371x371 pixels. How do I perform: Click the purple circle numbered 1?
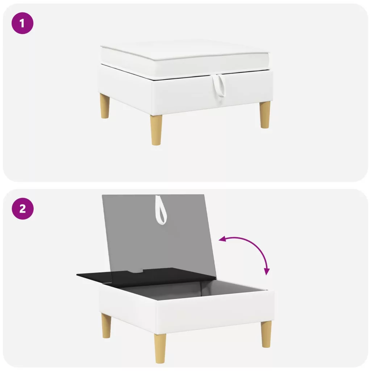[x=22, y=23]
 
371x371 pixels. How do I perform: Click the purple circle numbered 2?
[x=22, y=209]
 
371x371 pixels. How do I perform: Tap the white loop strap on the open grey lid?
[x=161, y=210]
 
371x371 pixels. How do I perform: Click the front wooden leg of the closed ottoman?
[x=157, y=130]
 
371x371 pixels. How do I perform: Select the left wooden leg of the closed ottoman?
[x=105, y=106]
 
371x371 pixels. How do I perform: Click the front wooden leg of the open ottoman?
[x=160, y=348]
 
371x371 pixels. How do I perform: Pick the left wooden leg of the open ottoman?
[x=106, y=326]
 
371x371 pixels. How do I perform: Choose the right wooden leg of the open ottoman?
[x=266, y=334]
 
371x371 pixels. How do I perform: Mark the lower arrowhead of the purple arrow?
[x=267, y=272]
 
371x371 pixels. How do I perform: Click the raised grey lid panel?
[x=159, y=237]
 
